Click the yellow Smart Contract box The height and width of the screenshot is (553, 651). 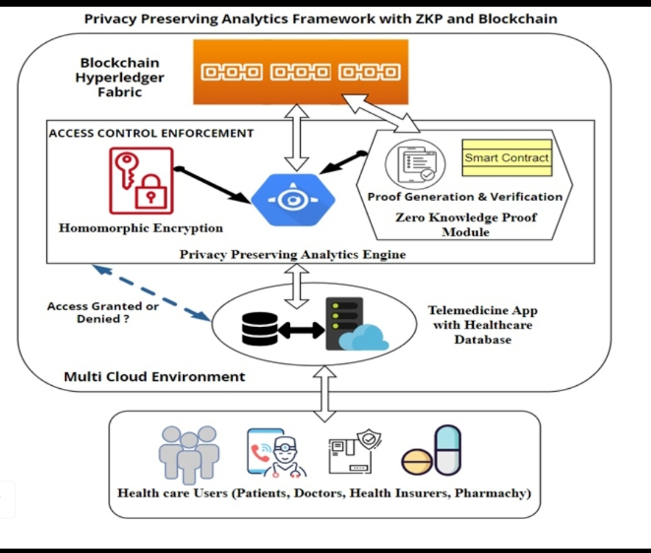pos(507,158)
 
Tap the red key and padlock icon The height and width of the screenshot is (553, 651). pos(141,181)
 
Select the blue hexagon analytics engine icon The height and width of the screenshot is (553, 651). pos(293,200)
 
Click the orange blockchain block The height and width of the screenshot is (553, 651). pos(300,72)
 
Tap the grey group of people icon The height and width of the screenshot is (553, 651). pos(189,454)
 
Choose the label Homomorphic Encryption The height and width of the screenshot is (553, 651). pos(140,228)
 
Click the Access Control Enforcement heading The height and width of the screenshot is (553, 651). pos(151,133)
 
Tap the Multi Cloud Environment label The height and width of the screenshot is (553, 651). pos(154,377)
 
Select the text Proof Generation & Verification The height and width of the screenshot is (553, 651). pos(465,197)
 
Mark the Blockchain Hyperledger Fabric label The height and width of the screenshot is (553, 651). pos(119,77)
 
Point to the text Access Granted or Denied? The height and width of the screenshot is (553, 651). pos(103,312)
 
